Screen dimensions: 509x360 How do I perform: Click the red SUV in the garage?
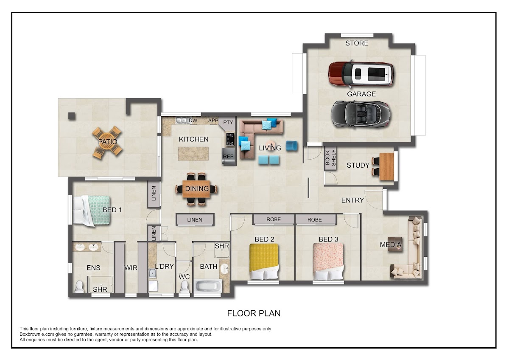(361, 74)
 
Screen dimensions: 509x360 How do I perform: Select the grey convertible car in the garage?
(361, 114)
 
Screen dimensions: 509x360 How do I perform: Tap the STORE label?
(357, 43)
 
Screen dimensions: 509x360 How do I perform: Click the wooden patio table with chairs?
(107, 142)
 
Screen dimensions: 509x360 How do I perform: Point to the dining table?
(196, 189)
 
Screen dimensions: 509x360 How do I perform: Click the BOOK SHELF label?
(330, 157)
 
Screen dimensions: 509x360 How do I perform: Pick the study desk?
(386, 166)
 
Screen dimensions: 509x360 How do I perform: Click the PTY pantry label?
(228, 122)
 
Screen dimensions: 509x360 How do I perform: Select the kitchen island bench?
(193, 154)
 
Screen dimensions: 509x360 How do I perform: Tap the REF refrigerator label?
(228, 157)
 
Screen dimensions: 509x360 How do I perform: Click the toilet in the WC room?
(184, 287)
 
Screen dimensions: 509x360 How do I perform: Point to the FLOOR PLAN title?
(254, 313)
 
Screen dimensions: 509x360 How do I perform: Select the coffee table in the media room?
(395, 244)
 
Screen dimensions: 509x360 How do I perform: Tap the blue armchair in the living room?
(291, 146)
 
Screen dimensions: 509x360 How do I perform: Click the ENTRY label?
(352, 200)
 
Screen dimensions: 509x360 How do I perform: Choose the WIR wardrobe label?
(131, 268)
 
